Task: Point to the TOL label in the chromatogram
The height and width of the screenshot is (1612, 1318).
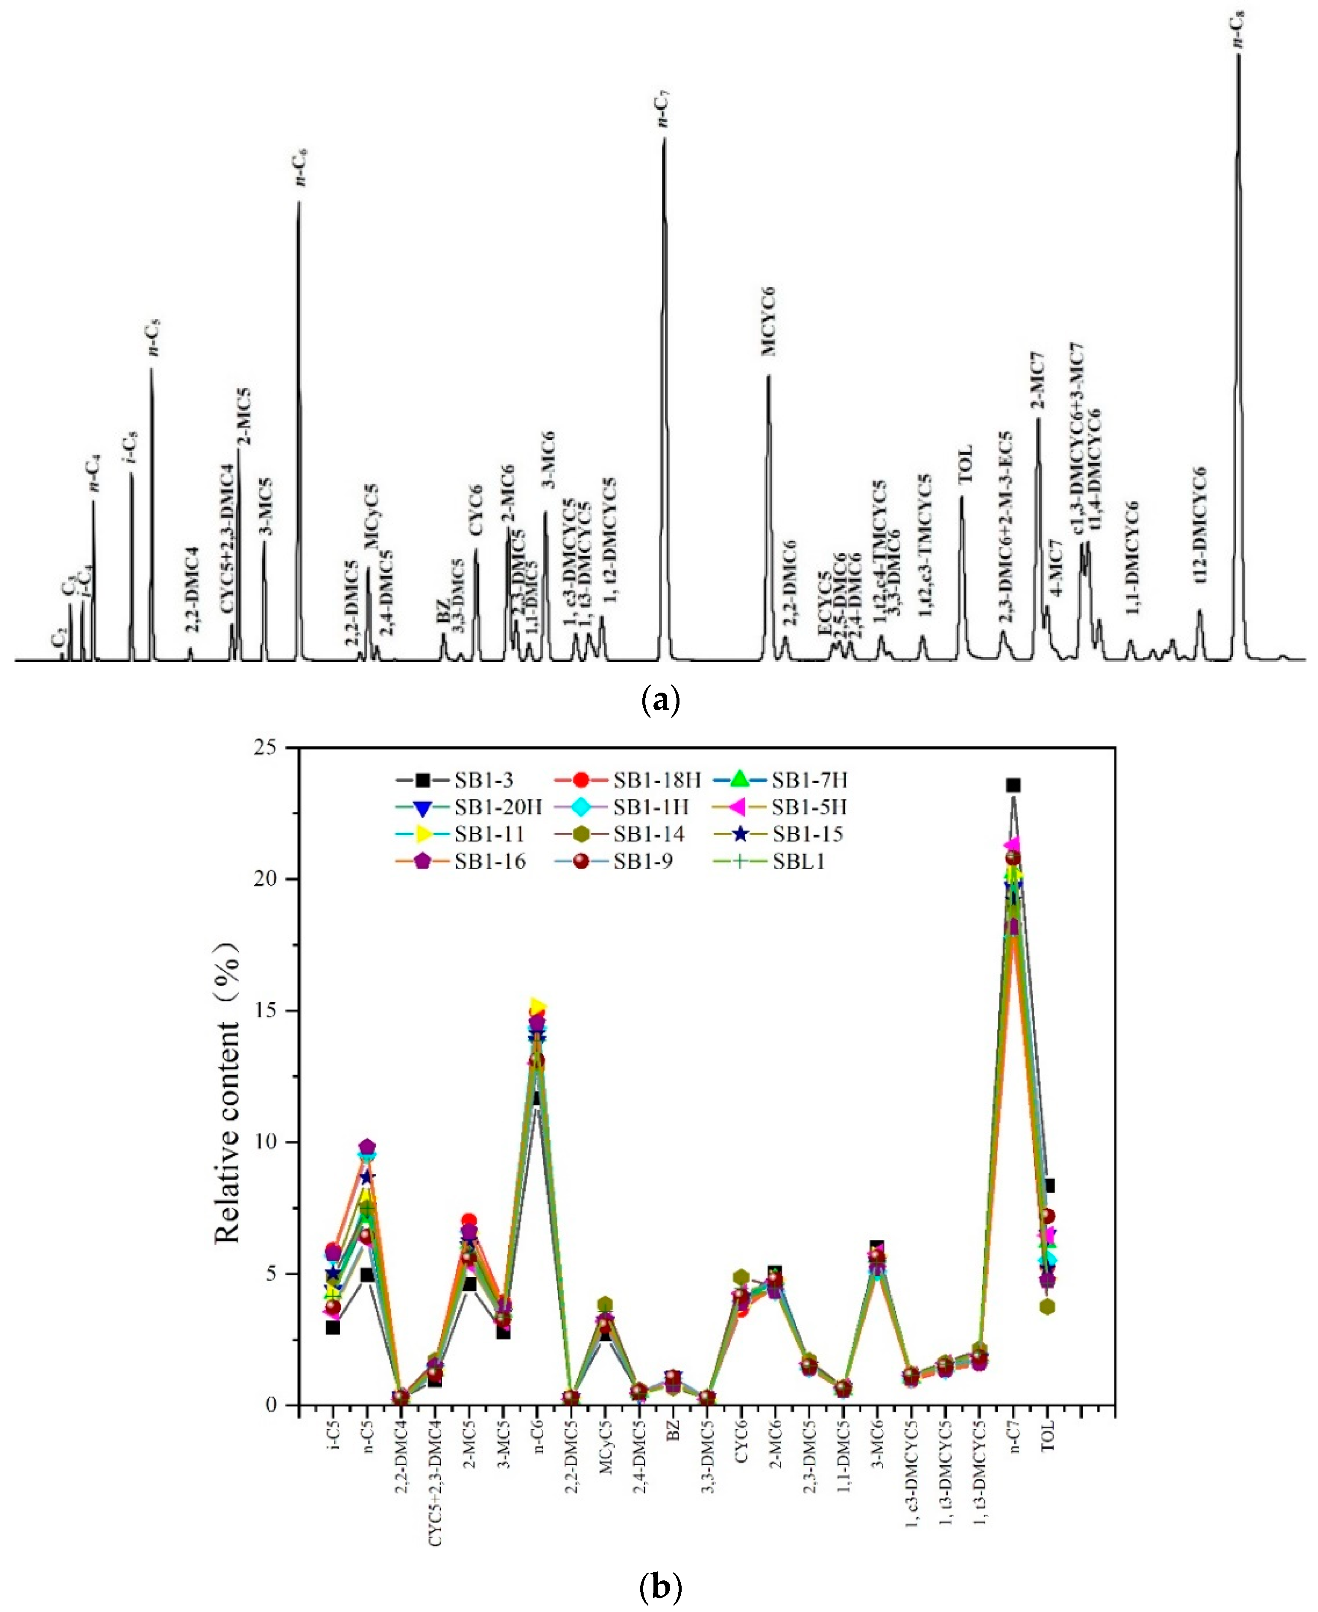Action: coord(964,465)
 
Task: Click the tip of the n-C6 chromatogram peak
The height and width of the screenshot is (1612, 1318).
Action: coord(299,202)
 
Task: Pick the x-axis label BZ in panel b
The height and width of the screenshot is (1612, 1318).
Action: coord(674,1431)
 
